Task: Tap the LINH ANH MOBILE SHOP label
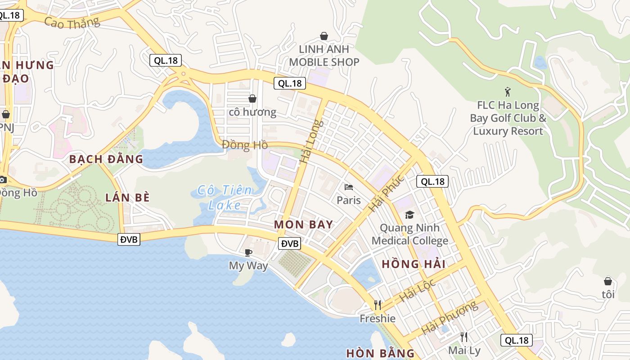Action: tap(324, 55)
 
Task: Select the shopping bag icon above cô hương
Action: tap(252, 98)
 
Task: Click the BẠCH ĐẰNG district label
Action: tap(106, 159)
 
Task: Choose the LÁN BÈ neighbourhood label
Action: tap(127, 197)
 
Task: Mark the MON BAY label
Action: tap(304, 225)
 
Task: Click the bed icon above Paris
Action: tap(349, 187)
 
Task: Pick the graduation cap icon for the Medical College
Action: tap(409, 215)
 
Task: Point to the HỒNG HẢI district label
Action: tap(414, 264)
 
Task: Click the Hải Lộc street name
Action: tap(418, 290)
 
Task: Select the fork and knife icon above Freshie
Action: tap(378, 305)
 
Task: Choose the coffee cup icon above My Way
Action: tap(248, 252)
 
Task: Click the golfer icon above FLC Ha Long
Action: tap(508, 92)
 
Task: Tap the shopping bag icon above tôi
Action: tap(608, 281)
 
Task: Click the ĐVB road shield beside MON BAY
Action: tap(289, 243)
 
